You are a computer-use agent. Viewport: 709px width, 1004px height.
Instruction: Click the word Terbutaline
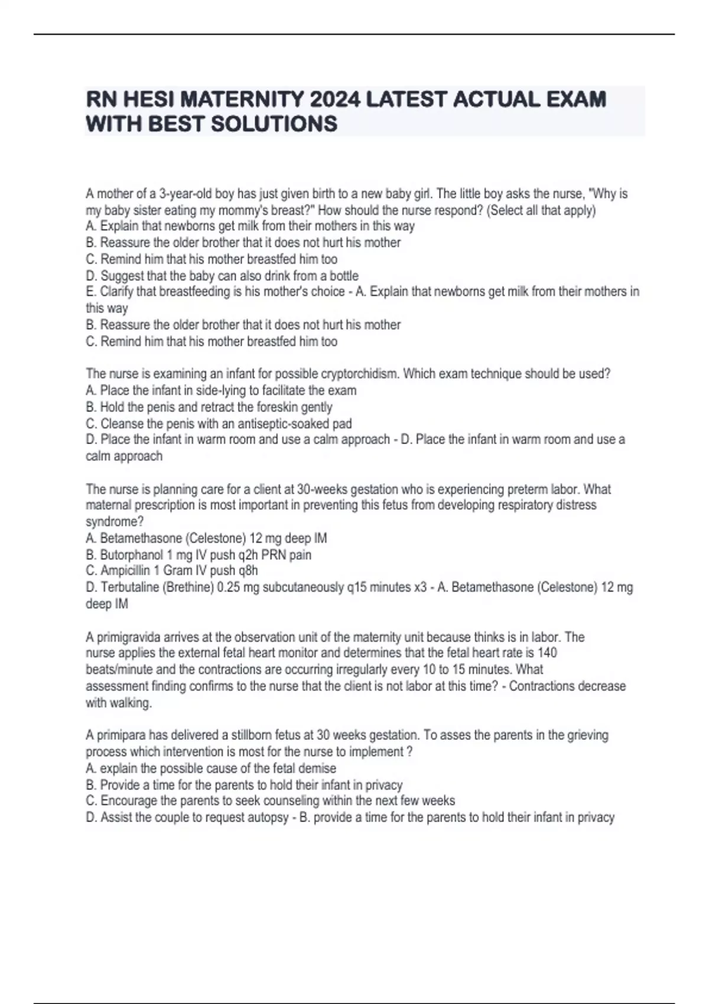tap(129, 587)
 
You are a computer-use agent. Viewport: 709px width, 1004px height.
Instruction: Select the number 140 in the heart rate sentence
tap(547, 653)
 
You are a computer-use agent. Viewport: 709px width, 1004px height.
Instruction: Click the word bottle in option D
tap(344, 276)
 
